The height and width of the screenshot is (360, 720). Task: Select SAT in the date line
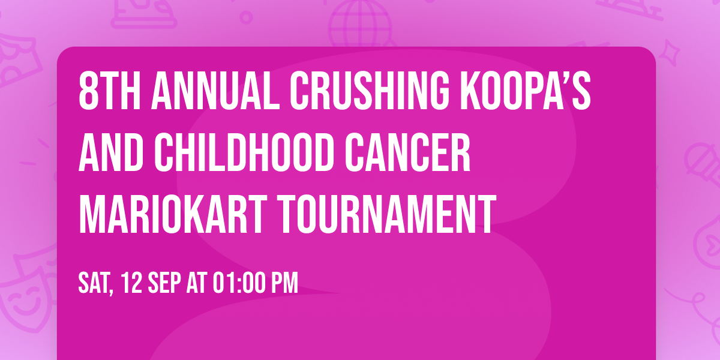pos(94,283)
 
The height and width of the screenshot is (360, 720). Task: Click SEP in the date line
pos(166,283)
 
